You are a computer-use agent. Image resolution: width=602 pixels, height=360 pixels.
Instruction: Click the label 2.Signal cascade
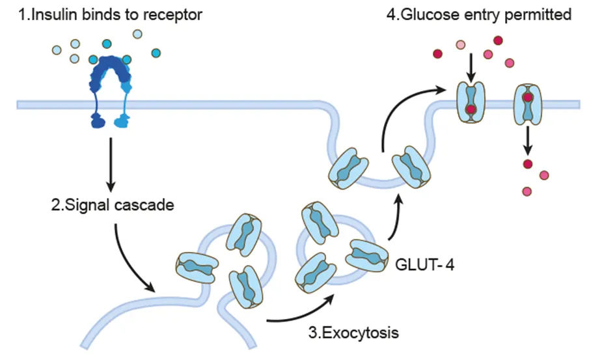point(112,206)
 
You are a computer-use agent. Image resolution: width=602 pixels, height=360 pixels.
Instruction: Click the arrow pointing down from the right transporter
point(528,138)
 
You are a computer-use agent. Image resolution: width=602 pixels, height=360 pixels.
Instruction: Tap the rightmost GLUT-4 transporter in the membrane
point(527,104)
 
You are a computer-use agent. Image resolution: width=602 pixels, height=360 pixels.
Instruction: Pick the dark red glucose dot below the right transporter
point(528,162)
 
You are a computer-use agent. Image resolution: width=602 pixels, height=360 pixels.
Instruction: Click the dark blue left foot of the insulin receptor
point(97,120)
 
